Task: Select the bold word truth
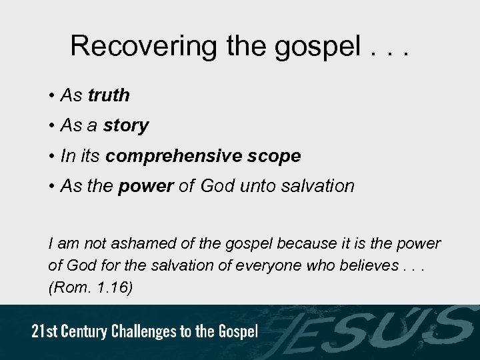pos(109,96)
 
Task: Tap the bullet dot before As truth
pos(51,96)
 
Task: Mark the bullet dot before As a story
pos(51,126)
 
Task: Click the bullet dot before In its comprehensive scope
pos(51,156)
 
